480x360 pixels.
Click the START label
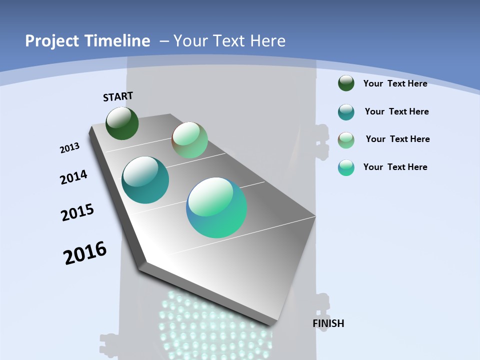(118, 96)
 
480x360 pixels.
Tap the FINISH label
(328, 323)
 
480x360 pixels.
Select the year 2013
(70, 148)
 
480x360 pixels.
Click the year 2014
(73, 177)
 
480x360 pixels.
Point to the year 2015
(77, 212)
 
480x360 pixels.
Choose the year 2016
(85, 253)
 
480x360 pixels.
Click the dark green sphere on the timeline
(122, 123)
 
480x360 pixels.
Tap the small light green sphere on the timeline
(189, 140)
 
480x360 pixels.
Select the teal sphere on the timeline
(145, 180)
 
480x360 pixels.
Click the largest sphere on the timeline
(216, 207)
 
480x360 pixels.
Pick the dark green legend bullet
(346, 83)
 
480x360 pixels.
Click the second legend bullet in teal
(346, 112)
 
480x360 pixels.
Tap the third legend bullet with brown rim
(346, 139)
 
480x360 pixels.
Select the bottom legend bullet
(346, 167)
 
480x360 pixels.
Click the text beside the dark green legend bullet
(395, 83)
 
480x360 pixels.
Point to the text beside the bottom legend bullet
(395, 167)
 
